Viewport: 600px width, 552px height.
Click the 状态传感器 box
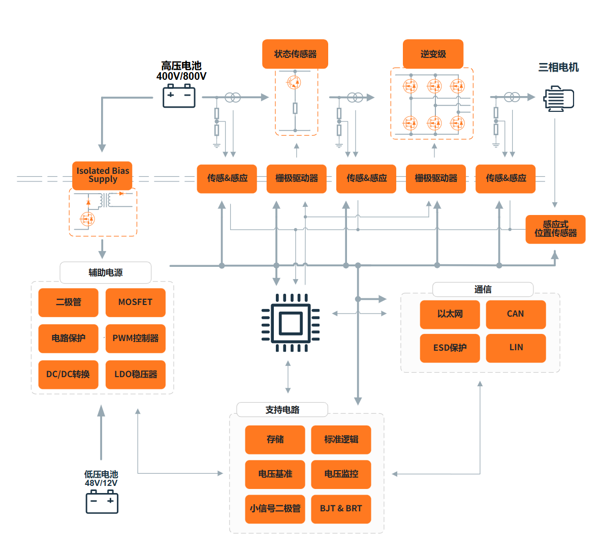(295, 54)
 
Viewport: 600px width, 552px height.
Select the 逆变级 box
(433, 54)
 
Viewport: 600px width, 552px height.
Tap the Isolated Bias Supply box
(102, 176)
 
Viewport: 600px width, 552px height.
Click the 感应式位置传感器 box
(555, 229)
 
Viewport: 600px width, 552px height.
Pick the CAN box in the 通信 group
(516, 314)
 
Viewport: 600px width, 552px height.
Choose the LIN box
(516, 348)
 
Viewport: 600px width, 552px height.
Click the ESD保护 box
(450, 348)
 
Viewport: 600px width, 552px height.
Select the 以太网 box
(450, 314)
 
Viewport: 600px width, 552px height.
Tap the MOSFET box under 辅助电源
(136, 302)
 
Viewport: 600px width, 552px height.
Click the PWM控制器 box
(136, 339)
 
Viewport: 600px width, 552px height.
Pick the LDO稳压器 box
(136, 375)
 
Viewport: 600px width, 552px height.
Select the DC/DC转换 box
(69, 375)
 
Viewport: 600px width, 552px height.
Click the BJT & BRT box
(341, 509)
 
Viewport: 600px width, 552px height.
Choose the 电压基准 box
(275, 474)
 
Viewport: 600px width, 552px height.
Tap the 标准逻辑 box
(341, 440)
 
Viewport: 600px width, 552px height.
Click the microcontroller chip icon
(291, 323)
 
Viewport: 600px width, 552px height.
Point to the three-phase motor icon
(559, 99)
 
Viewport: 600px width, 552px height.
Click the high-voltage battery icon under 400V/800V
(179, 96)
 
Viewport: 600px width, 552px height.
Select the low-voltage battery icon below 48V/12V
(102, 502)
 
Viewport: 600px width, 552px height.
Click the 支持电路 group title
(282, 410)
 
